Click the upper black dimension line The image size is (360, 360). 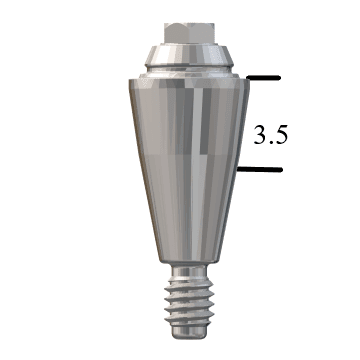click(261, 77)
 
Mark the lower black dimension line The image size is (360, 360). click(261, 168)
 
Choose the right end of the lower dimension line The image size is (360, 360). click(280, 168)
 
